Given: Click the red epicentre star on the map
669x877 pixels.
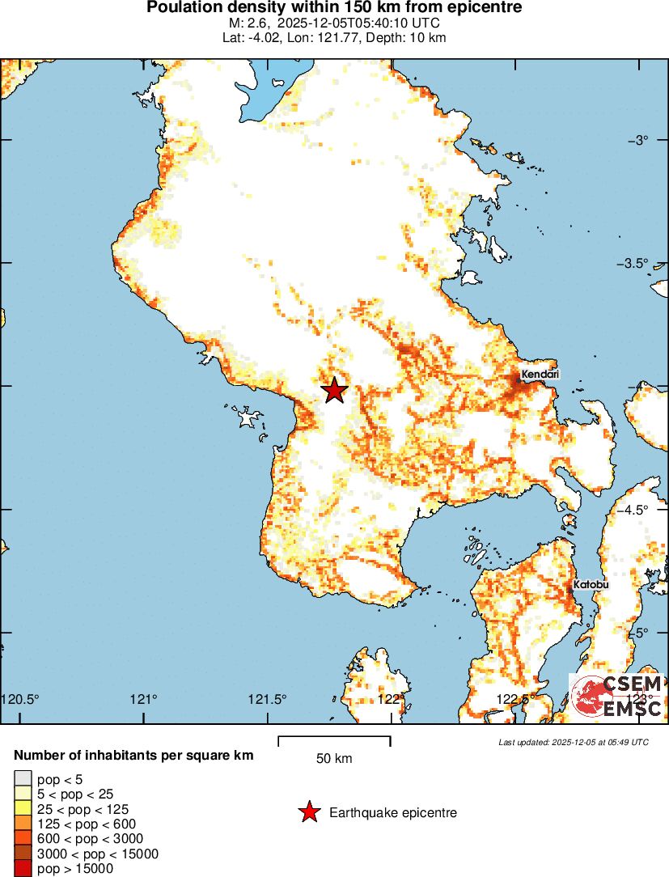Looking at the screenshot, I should pos(334,391).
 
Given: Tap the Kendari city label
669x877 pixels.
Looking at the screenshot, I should pos(540,375).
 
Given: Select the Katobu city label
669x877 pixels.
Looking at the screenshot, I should pos(591,584).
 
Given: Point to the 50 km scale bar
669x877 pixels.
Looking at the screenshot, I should pos(334,739).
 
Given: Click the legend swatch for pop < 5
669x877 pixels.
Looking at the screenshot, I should pos(21,779).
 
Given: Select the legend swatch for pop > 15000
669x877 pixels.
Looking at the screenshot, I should pos(21,869).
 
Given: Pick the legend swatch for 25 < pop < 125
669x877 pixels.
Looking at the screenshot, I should pos(21,809).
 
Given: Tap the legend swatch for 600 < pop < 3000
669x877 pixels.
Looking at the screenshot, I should pos(21,839).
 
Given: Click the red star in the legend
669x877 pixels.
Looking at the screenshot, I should pos(308,812).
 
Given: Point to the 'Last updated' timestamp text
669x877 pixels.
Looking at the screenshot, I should pos(573,742).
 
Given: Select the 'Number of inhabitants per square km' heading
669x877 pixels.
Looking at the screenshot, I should pos(133,756).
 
